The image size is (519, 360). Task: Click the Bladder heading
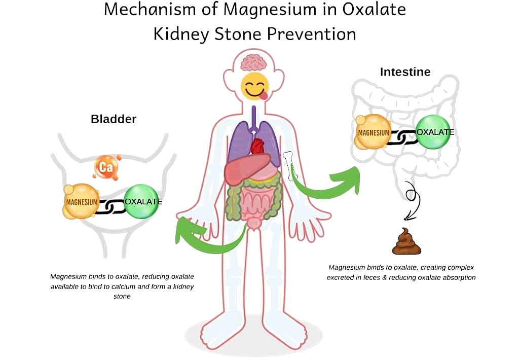pos(114,119)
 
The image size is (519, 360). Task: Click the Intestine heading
pos(405,72)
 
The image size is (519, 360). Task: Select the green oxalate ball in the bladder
pos(142,201)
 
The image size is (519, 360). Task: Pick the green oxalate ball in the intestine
pos(434,132)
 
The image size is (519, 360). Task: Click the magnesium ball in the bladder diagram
pos(81,202)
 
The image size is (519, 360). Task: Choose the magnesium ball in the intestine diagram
pos(373,132)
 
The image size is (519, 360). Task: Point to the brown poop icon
pos(406,241)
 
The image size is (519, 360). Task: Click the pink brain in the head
pos(254,63)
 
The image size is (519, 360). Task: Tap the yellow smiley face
pos(255,87)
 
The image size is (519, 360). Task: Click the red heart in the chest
pos(257,146)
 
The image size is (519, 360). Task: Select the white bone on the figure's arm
pos(289,166)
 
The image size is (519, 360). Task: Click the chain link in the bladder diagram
pos(112,207)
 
